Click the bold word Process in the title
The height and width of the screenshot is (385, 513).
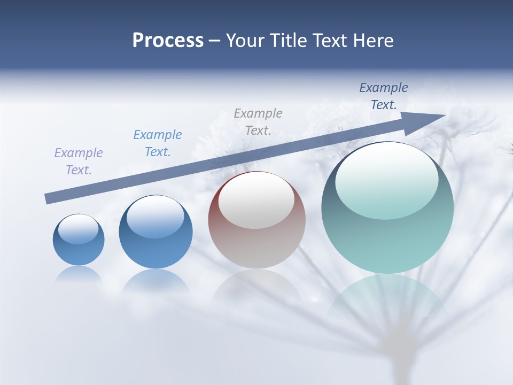pos(168,40)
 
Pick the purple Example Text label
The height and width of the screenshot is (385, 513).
pos(79,161)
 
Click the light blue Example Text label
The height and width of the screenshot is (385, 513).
pos(158,143)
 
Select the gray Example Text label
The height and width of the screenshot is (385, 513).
pos(258,121)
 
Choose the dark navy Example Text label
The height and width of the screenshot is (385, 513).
pos(383,96)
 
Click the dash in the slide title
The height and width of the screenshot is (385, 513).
pos(215,40)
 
